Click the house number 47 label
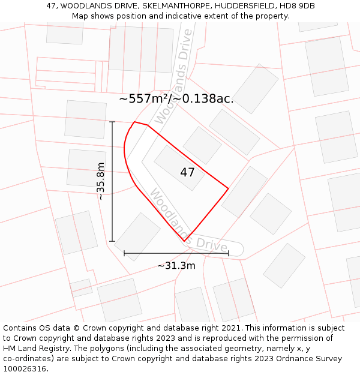tap(187, 172)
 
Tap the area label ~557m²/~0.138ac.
tap(176, 99)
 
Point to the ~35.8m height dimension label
tap(101, 181)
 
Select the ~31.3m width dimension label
tap(176, 266)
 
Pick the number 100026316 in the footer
tap(25, 369)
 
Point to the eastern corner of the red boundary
tap(229, 188)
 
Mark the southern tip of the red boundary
tap(184, 241)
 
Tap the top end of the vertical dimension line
tap(112, 122)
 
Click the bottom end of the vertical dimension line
tap(112, 241)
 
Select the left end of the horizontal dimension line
tap(124, 253)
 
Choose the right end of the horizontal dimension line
tap(229, 253)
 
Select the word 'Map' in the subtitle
tap(80, 16)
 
